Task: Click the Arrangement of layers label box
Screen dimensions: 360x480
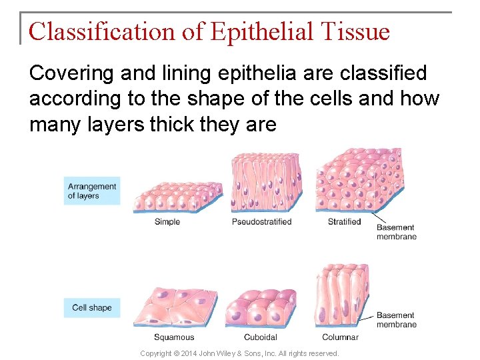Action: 92,191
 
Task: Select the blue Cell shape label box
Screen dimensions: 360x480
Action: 92,307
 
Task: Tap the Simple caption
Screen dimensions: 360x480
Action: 167,222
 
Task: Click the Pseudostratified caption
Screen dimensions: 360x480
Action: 262,222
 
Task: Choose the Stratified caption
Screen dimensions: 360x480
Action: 344,222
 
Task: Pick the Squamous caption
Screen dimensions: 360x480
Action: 174,337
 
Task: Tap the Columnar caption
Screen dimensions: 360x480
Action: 340,337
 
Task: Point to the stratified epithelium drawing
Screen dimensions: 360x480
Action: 359,181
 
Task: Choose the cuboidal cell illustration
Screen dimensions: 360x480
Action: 260,309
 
